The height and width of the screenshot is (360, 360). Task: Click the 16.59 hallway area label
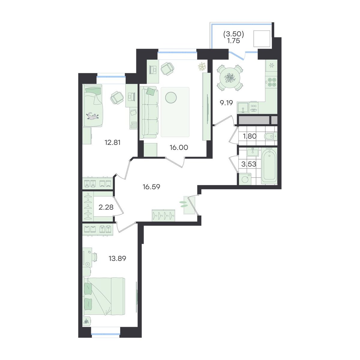pyautogui.click(x=151, y=187)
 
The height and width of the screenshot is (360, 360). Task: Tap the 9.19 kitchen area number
pyautogui.click(x=226, y=103)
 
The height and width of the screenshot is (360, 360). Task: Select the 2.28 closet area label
pyautogui.click(x=106, y=207)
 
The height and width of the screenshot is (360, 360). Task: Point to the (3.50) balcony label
pyautogui.click(x=234, y=34)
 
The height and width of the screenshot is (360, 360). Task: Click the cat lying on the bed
pyautogui.click(x=93, y=116)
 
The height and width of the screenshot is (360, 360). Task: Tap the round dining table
pyautogui.click(x=230, y=78)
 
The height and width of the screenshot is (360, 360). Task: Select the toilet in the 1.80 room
pyautogui.click(x=271, y=136)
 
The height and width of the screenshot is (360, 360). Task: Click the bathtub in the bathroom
pyautogui.click(x=269, y=166)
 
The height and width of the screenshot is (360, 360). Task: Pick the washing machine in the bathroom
pyautogui.click(x=245, y=179)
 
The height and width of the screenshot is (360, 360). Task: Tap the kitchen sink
pyautogui.click(x=243, y=108)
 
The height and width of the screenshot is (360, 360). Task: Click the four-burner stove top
pyautogui.click(x=272, y=82)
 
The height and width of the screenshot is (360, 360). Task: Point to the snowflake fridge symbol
pyautogui.click(x=271, y=66)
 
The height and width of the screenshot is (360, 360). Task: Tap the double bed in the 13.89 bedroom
pyautogui.click(x=104, y=296)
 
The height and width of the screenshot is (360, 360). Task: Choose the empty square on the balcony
pyautogui.click(x=262, y=39)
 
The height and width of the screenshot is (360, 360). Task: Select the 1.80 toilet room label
pyautogui.click(x=250, y=136)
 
